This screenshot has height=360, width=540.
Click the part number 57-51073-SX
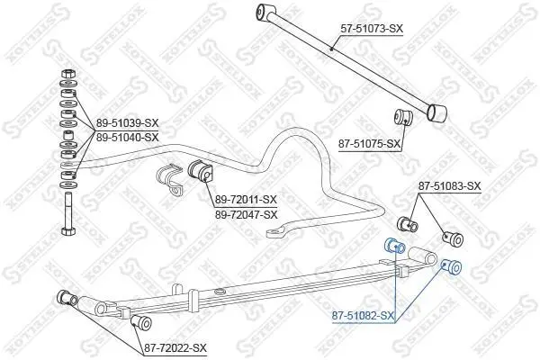372,28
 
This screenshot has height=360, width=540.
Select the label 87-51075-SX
370,144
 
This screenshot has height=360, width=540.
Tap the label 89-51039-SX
127,123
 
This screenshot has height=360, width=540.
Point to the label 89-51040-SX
127,138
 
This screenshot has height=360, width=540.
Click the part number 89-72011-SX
246,199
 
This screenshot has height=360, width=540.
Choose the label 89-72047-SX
246,214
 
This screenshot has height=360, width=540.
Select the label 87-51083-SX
449,186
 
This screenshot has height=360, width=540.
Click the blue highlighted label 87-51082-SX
363,315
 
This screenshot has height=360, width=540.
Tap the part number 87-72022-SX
175,348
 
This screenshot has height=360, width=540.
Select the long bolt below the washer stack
68,213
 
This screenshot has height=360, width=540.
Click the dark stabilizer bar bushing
201,170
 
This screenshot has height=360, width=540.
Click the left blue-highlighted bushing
394,245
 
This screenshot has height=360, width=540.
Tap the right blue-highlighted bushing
452,266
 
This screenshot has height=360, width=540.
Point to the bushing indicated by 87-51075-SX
402,118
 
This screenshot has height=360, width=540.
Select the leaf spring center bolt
219,292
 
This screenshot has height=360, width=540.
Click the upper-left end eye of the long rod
265,11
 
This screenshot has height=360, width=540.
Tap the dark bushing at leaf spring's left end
67,299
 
